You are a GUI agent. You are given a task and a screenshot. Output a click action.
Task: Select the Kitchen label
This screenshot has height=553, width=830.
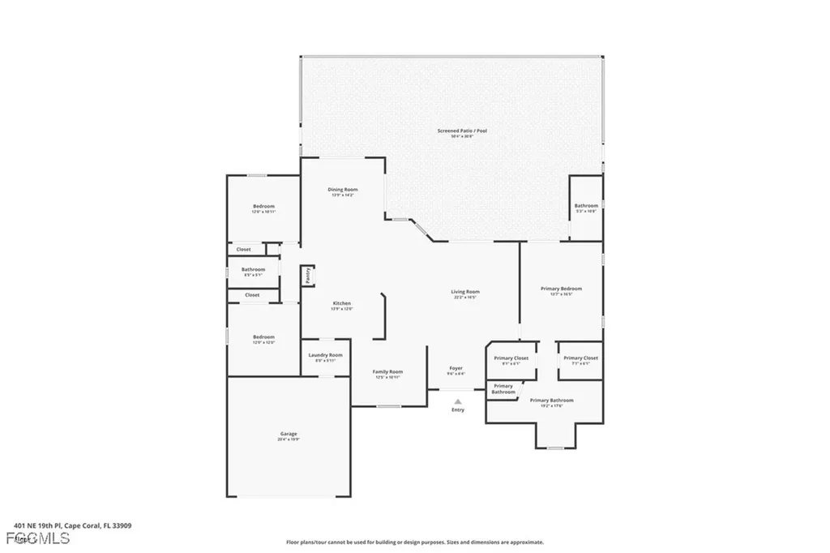[x=341, y=303]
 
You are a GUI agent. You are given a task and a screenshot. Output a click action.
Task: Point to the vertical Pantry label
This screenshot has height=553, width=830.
[x=308, y=276]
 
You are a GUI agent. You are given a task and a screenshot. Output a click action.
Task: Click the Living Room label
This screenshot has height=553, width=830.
[x=465, y=292]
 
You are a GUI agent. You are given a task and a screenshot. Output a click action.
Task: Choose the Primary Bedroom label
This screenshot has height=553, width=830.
[x=561, y=289]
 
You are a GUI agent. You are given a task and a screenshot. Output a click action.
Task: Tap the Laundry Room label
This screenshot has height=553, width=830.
[x=325, y=355]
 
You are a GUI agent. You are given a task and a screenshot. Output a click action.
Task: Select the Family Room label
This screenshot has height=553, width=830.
[x=388, y=372]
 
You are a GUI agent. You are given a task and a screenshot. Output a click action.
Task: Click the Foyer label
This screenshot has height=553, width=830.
[x=456, y=368]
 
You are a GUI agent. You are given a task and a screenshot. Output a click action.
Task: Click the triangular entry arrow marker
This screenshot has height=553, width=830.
[x=458, y=401]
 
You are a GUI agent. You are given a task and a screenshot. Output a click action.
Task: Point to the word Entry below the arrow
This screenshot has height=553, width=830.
[x=458, y=410]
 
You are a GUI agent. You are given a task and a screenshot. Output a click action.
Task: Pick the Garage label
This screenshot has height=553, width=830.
[x=289, y=434]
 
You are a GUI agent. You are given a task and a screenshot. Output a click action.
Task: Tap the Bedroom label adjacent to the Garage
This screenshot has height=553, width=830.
[x=263, y=337]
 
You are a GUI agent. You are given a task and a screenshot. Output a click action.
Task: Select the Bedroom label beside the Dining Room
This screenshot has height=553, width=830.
[x=263, y=206]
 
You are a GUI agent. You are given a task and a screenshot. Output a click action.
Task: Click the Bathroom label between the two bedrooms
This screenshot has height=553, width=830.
[x=253, y=269]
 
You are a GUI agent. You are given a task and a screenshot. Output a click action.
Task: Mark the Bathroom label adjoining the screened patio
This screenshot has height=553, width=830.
[x=586, y=206]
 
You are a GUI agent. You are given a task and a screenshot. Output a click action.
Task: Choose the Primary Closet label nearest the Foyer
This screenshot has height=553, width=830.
[x=511, y=358]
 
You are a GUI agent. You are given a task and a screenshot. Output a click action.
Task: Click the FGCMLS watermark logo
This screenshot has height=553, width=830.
[x=37, y=538]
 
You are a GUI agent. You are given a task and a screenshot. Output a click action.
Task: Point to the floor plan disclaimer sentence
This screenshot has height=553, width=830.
[x=414, y=542]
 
